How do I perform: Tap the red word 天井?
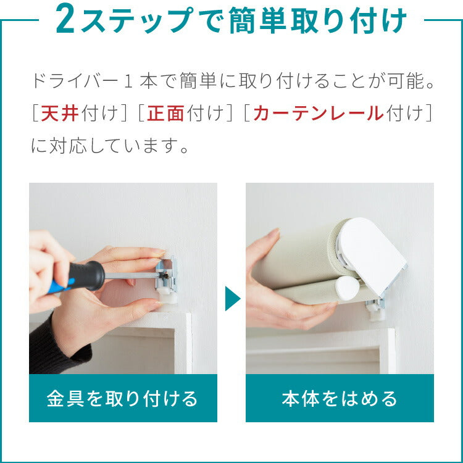point(60,113)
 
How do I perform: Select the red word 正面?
point(165,113)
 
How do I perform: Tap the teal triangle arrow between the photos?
point(233,298)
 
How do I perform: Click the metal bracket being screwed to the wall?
point(167,275)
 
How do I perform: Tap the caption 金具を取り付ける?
point(122,398)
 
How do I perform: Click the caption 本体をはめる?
point(340,398)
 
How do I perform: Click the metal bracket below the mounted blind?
point(376,308)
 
